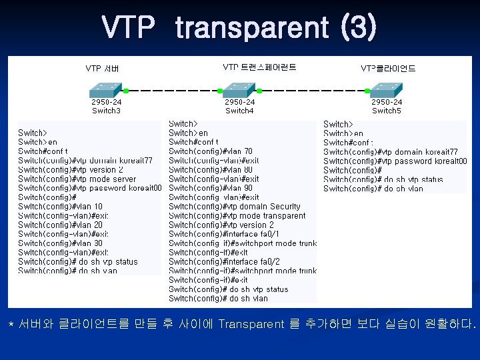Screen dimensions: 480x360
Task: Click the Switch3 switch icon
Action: (106, 90)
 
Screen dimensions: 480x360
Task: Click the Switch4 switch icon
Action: (239, 90)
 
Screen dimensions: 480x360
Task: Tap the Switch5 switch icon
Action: (387, 90)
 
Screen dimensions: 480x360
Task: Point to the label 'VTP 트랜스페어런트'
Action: (259, 67)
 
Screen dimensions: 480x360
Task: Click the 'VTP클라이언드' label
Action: (388, 68)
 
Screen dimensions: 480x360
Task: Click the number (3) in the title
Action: (359, 28)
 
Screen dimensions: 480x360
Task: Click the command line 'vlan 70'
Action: (211, 151)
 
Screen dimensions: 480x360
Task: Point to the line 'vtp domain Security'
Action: (235, 207)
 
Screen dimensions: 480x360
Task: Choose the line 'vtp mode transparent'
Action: (237, 216)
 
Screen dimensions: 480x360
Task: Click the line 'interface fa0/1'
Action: (224, 234)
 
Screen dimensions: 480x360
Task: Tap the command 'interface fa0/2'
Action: (224, 262)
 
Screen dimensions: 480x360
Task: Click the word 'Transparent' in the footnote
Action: (251, 325)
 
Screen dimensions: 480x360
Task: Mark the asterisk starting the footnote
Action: (11, 325)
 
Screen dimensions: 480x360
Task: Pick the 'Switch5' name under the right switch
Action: (387, 111)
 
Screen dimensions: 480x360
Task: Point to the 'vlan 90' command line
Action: (211, 188)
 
